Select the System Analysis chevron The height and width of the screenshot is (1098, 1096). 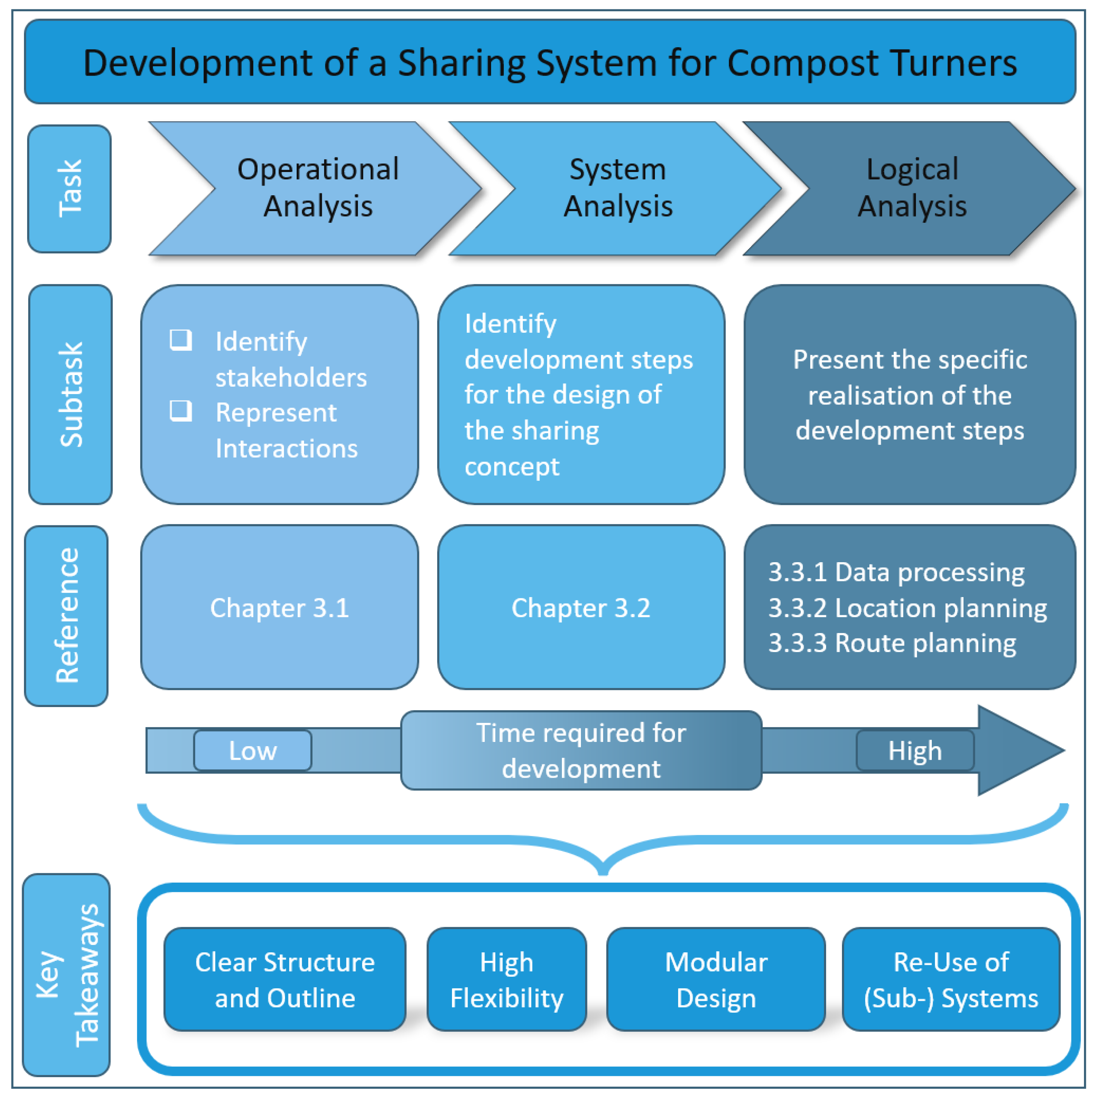618,188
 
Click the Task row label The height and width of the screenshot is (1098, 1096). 69,189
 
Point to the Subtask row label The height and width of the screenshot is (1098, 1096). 70,394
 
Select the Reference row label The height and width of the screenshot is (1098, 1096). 67,616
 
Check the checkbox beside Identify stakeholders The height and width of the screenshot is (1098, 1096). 181,340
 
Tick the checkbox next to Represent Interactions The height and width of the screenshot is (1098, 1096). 181,410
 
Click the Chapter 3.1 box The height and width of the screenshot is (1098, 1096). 280,607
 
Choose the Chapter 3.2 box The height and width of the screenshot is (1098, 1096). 581,607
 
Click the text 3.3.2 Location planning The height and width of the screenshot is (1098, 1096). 907,608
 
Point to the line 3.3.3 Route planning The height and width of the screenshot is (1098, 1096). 892,643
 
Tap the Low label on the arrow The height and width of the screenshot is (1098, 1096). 253,750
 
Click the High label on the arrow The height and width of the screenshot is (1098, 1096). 915,750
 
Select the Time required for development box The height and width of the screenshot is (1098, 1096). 581,750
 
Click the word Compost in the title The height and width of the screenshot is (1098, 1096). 802,62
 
